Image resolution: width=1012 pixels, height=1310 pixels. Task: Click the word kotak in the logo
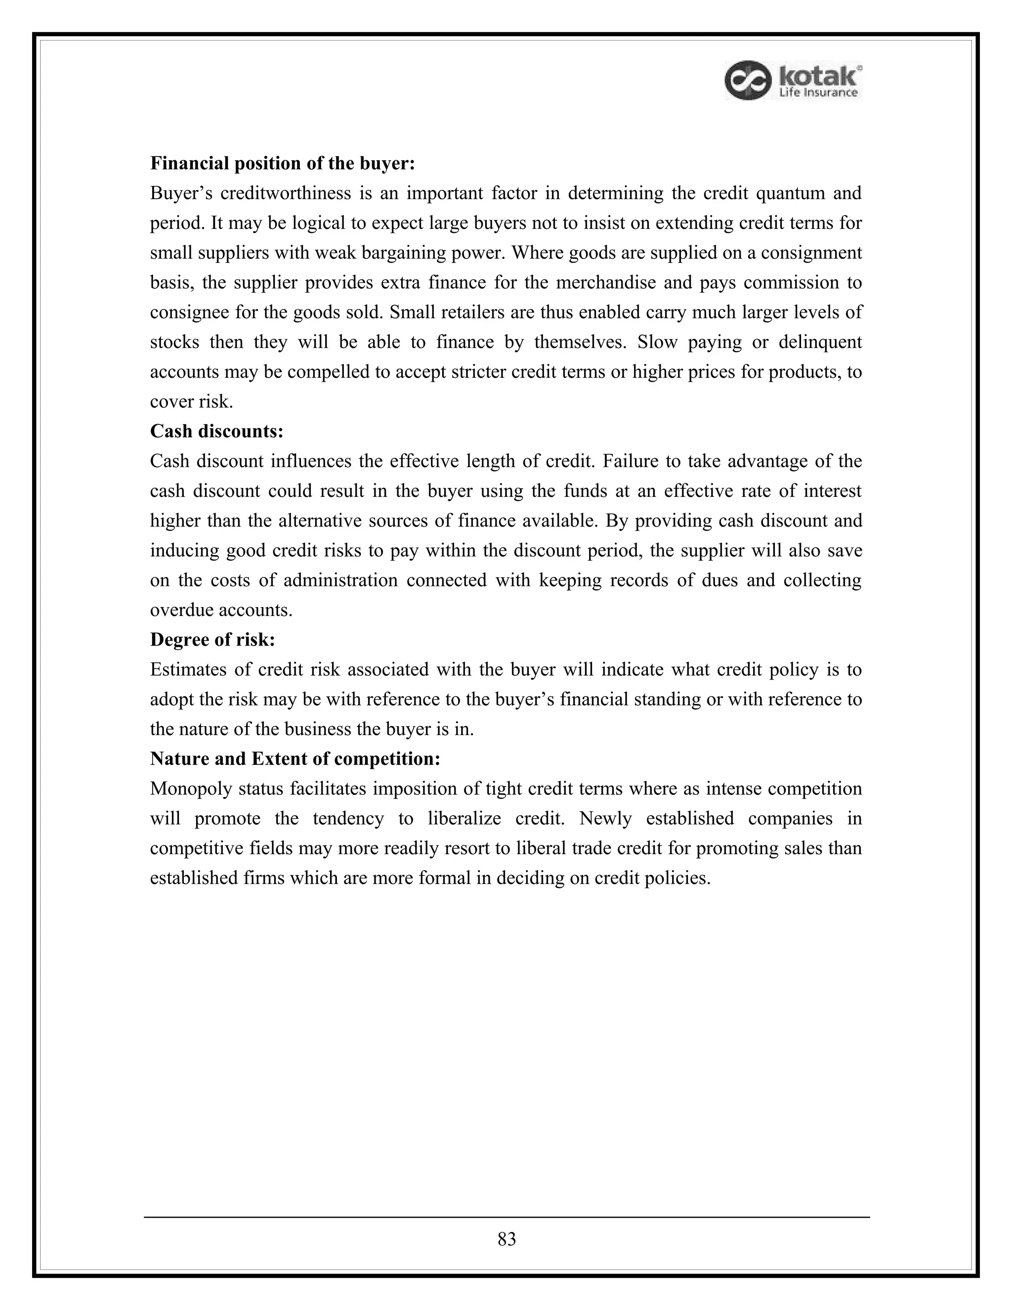click(819, 76)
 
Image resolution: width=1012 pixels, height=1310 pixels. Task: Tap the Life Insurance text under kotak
click(818, 93)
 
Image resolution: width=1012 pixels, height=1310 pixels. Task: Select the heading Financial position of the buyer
click(282, 163)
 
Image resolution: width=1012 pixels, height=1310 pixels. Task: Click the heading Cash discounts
click(216, 431)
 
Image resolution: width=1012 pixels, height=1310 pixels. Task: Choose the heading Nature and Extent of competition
click(295, 759)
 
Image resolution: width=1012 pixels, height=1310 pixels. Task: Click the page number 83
click(506, 1239)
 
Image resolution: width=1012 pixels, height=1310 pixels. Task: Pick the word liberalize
click(464, 819)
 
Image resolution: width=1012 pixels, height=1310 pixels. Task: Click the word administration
click(340, 580)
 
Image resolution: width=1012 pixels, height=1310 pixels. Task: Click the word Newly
click(605, 819)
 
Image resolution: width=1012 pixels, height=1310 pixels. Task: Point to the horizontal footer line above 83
click(506, 1217)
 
